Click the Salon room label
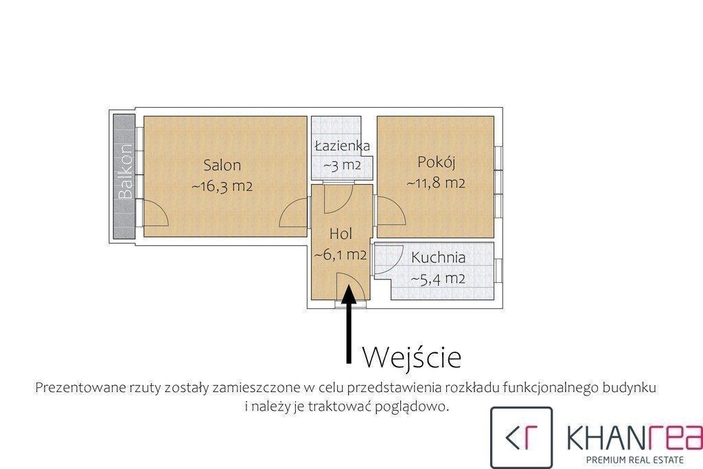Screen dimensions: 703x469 pyautogui.click(x=222, y=165)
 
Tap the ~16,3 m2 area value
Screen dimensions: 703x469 pyautogui.click(x=222, y=186)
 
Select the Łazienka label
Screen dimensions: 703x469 pyautogui.click(x=342, y=146)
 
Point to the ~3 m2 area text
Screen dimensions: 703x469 pyautogui.click(x=342, y=165)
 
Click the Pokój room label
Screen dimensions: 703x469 pyautogui.click(x=436, y=162)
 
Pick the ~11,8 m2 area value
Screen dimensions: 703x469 pyautogui.click(x=436, y=183)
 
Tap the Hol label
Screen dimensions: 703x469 pyautogui.click(x=341, y=233)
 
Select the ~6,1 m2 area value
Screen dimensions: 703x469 pyautogui.click(x=341, y=255)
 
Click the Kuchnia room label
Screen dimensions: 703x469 pyautogui.click(x=438, y=258)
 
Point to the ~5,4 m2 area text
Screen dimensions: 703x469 pyautogui.click(x=438, y=279)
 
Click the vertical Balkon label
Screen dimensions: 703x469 pyautogui.click(x=126, y=171)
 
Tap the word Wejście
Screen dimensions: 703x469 pyautogui.click(x=412, y=357)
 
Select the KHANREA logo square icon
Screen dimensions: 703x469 pyautogui.click(x=522, y=437)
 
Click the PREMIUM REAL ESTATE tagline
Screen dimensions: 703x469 pyautogui.click(x=635, y=459)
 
